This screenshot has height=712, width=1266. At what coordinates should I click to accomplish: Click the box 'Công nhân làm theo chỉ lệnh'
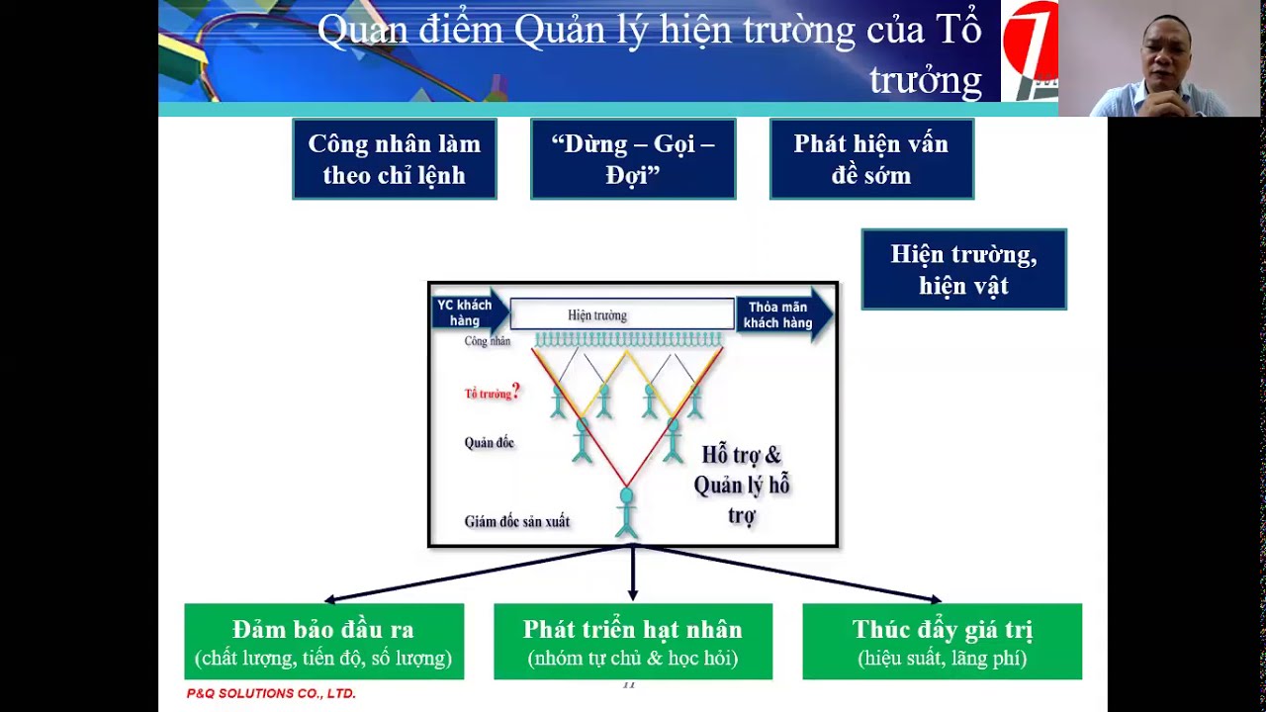[x=394, y=159]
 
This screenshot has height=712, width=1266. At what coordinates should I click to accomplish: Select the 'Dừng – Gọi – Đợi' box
[x=633, y=159]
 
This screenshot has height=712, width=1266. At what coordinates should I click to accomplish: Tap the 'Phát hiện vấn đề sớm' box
[x=871, y=159]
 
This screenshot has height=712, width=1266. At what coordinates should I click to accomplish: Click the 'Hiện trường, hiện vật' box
[x=963, y=270]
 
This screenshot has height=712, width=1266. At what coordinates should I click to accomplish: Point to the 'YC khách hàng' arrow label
[x=465, y=313]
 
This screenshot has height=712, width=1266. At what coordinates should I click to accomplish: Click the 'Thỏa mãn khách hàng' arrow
[x=779, y=314]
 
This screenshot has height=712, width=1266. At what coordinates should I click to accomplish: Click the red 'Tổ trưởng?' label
[x=492, y=393]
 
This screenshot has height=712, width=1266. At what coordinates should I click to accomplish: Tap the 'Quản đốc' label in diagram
[x=489, y=443]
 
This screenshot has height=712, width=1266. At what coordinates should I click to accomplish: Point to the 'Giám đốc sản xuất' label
[x=516, y=521]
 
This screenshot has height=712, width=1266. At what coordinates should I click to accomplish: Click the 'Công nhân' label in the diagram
[x=487, y=341]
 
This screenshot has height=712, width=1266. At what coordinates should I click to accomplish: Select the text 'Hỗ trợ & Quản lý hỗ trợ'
[x=742, y=485]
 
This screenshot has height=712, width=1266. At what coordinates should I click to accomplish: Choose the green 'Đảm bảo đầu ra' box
[x=323, y=642]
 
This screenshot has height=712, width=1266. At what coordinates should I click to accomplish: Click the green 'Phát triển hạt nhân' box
[x=633, y=642]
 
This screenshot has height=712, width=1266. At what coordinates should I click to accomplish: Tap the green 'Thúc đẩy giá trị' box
[x=942, y=642]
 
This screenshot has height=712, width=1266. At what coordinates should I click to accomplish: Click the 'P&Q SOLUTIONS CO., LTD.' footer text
[x=271, y=694]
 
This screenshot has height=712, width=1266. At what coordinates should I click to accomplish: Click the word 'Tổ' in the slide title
[x=960, y=31]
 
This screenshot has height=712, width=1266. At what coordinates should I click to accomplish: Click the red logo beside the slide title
[x=1030, y=49]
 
